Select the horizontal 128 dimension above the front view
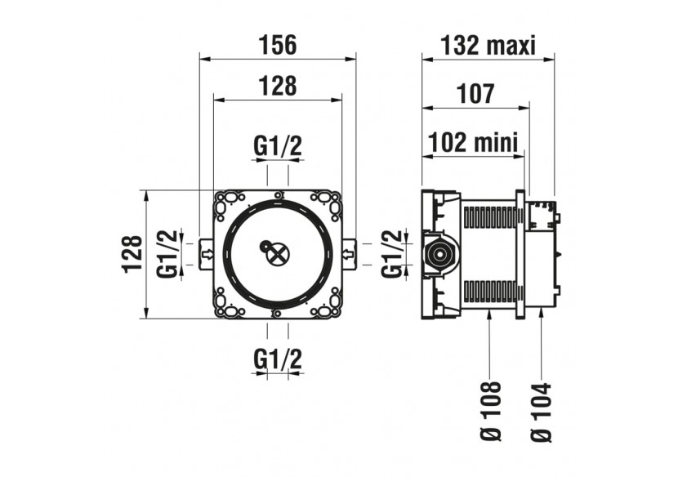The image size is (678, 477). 278,85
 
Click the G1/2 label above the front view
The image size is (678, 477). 278,146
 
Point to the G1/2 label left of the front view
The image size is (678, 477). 167,254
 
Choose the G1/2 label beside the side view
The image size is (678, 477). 393,254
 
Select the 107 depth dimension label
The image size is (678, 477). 475,94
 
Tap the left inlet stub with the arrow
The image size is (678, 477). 206,253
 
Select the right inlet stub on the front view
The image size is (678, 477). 350,253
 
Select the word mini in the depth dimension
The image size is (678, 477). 499,144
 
